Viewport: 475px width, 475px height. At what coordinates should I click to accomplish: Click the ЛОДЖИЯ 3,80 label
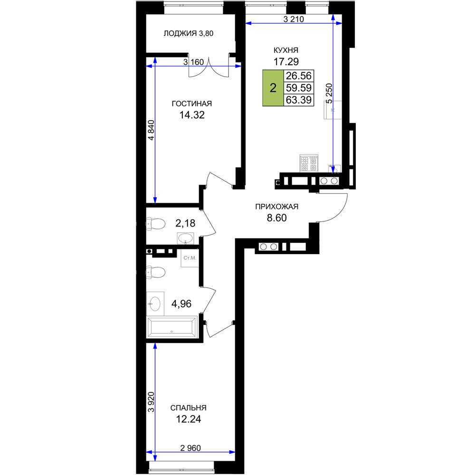[x=189, y=33]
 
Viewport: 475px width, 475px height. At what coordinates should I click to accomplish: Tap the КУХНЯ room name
[x=285, y=50]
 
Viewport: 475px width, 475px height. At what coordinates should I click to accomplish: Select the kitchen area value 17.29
[x=286, y=61]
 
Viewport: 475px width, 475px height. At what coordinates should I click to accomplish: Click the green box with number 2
[x=273, y=88]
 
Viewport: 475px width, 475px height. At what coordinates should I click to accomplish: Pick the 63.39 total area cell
[x=299, y=100]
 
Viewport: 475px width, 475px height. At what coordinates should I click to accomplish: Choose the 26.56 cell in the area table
[x=299, y=76]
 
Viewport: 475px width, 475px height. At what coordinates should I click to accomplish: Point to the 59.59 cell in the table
[x=299, y=88]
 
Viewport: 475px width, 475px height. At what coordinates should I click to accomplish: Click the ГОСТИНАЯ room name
[x=192, y=104]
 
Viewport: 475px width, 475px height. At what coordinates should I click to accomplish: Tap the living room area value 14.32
[x=192, y=115]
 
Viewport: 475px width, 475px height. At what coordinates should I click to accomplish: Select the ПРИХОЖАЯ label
[x=276, y=207]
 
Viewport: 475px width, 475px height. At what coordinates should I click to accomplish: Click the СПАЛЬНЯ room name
[x=189, y=408]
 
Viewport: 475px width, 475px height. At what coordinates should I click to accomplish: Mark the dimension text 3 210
[x=293, y=19]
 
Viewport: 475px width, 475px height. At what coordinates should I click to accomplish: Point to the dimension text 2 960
[x=190, y=448]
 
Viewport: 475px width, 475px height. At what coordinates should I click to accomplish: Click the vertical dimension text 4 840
[x=151, y=130]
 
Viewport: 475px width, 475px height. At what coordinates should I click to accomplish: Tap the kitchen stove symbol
[x=309, y=163]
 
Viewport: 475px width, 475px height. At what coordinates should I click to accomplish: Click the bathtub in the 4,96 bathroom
[x=172, y=327]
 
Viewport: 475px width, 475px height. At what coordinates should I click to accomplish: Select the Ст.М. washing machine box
[x=190, y=258]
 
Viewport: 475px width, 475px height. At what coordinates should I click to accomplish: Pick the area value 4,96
[x=181, y=304]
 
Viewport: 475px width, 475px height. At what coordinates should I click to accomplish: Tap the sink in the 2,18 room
[x=185, y=238]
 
